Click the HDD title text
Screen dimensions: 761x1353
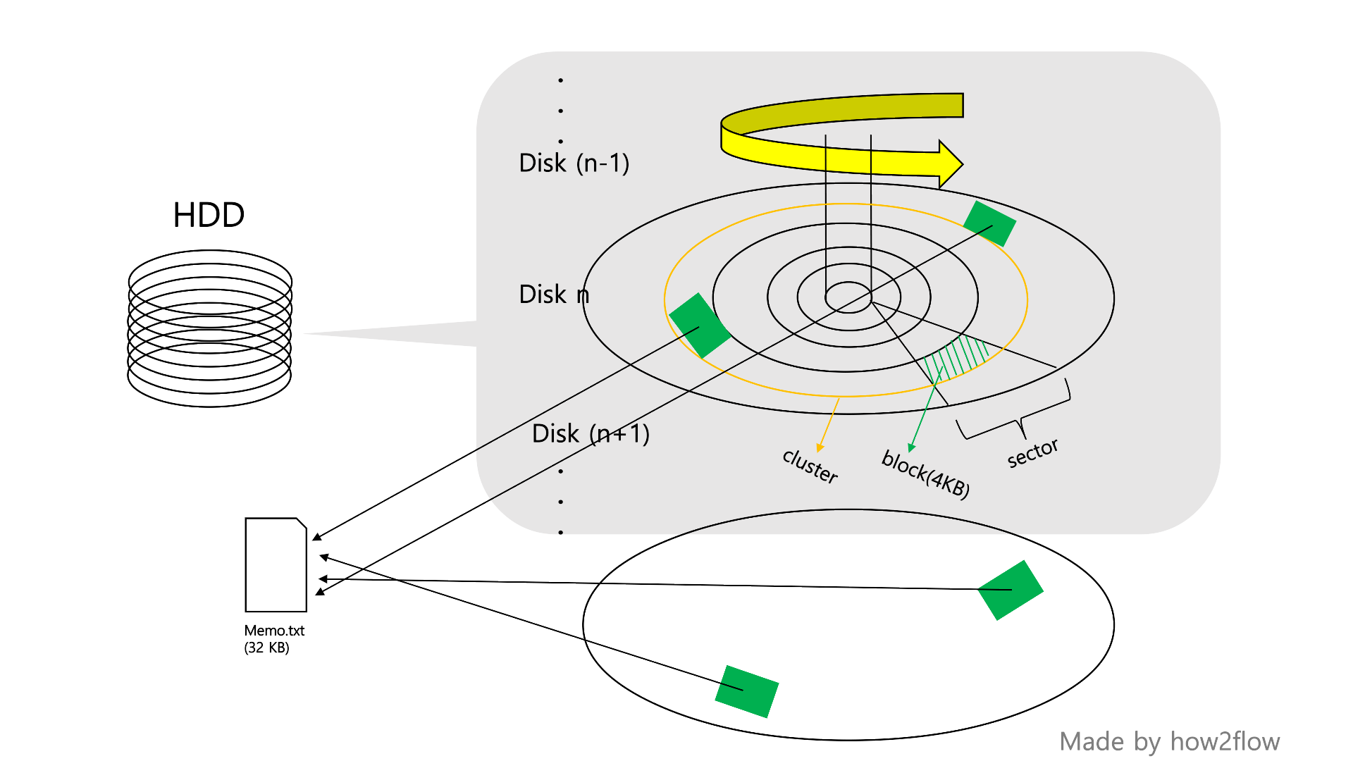click(209, 215)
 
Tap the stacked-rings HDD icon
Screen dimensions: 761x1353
click(209, 328)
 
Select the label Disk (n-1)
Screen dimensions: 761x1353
click(574, 163)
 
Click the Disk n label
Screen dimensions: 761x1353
click(554, 295)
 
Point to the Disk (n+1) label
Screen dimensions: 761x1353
click(591, 434)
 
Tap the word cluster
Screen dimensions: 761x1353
click(810, 466)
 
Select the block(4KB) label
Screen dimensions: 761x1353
click(925, 474)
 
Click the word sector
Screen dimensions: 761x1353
click(1032, 453)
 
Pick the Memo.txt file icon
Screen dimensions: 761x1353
click(276, 565)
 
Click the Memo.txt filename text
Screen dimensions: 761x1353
click(274, 631)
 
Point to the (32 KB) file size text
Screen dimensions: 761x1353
click(266, 648)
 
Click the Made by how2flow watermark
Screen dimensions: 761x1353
click(1169, 742)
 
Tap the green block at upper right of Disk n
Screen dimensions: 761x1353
click(989, 223)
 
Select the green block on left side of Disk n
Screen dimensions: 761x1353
click(699, 326)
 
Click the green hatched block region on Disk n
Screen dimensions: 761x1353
click(957, 357)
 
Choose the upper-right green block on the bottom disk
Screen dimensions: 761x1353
click(1011, 590)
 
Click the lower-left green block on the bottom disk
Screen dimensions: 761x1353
click(746, 691)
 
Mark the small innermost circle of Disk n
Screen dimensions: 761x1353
click(848, 297)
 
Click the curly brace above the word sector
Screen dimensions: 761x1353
click(1015, 416)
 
